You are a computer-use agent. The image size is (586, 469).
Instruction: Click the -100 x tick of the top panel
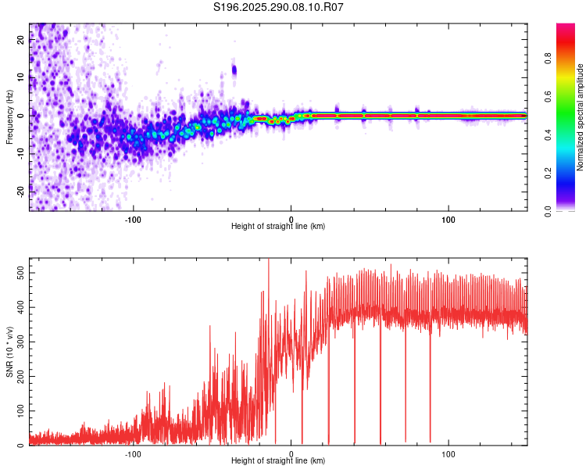(x=134, y=218)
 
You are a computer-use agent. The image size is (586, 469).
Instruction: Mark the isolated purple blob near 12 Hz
(x=234, y=71)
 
